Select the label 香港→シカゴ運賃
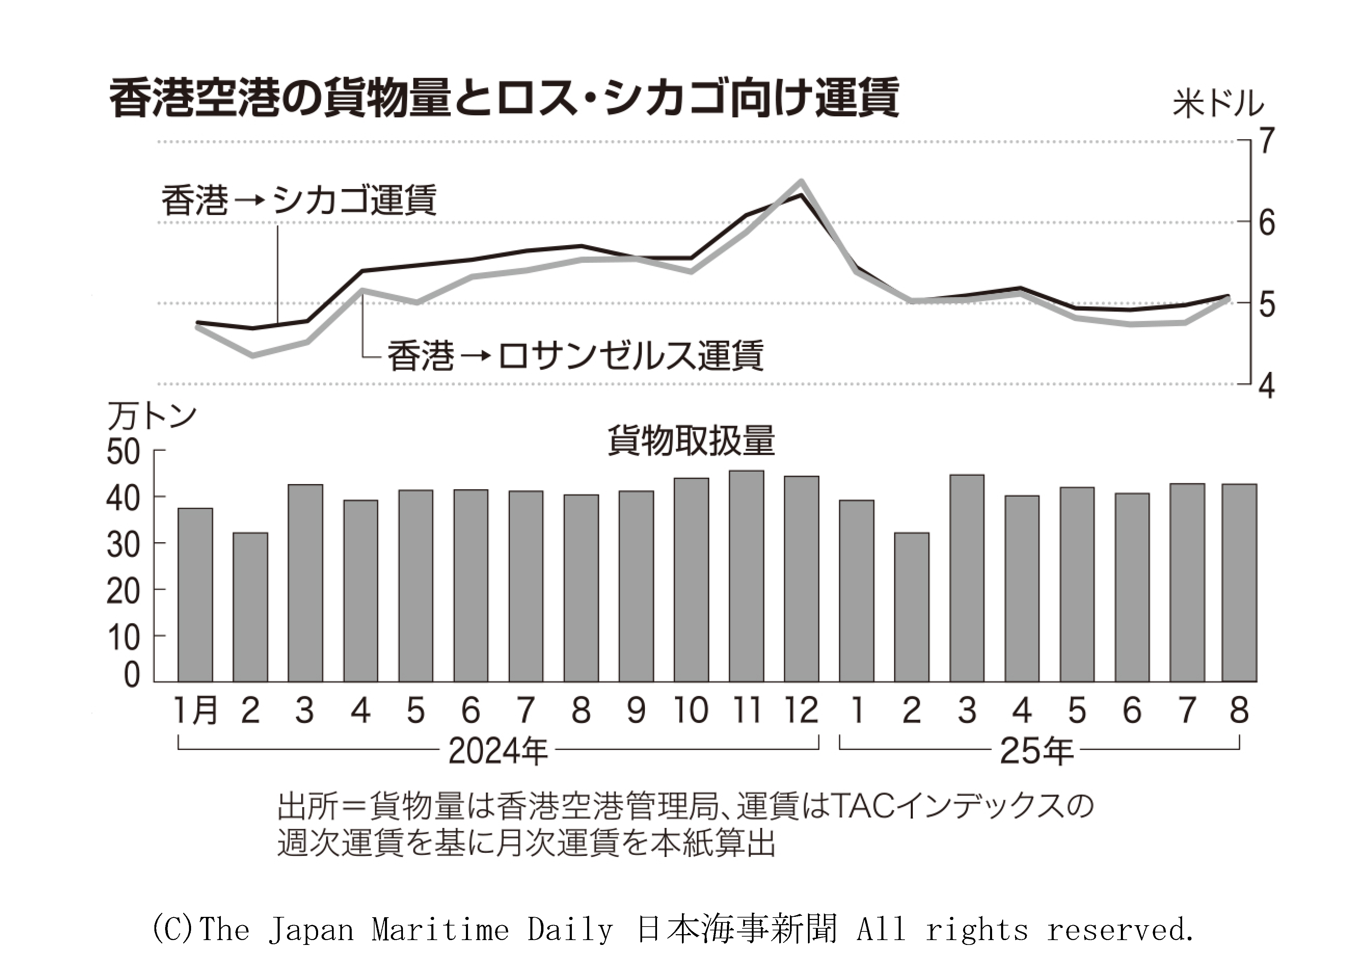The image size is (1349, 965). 299,200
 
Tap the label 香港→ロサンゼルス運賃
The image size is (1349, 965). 575,355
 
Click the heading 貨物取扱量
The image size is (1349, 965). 691,441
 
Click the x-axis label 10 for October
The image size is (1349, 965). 691,710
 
